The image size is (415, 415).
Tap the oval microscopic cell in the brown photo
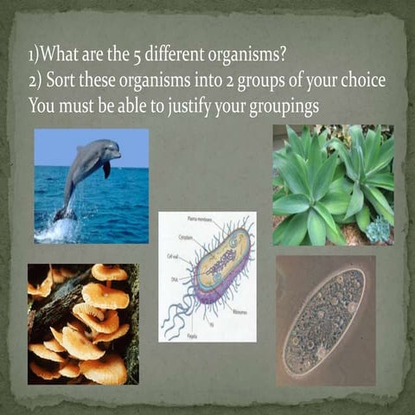pyautogui.click(x=324, y=321)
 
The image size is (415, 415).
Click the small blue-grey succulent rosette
pyautogui.click(x=378, y=229)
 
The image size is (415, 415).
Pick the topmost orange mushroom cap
pyautogui.click(x=109, y=273)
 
